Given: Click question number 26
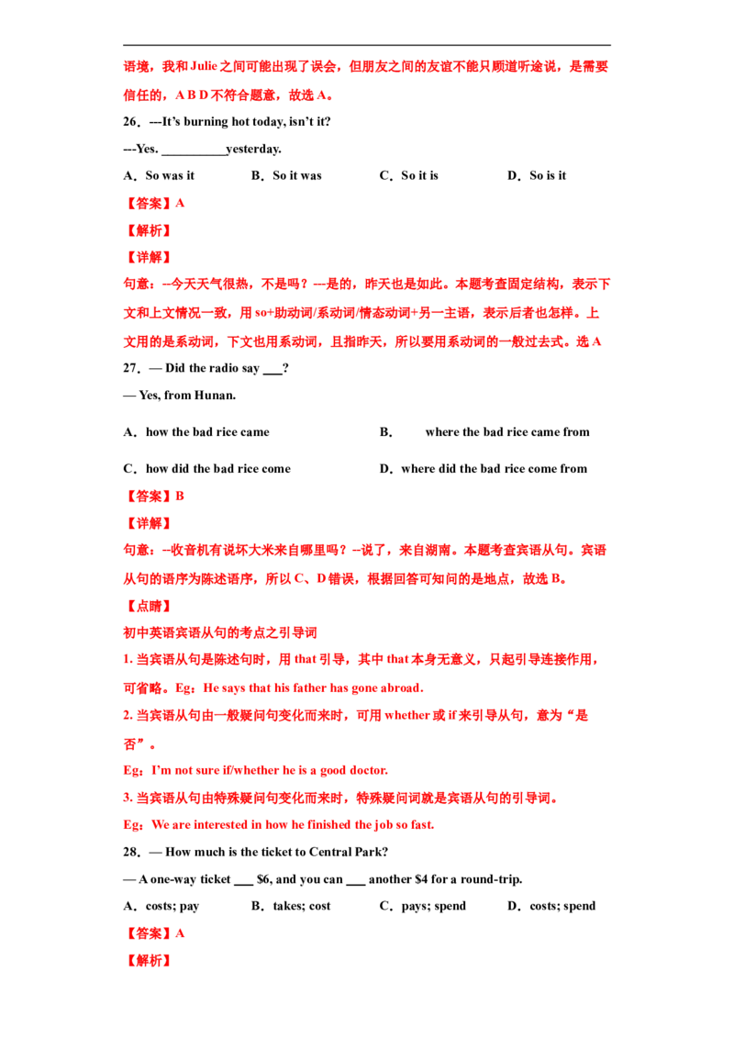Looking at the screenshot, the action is tap(131, 122).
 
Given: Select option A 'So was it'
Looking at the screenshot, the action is tap(170, 175).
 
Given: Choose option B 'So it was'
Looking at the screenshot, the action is tap(296, 175).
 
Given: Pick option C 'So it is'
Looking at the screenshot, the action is tap(419, 175).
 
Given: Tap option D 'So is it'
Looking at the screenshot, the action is tap(548, 175).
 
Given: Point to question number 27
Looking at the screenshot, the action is tap(131, 368).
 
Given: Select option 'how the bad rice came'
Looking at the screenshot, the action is tap(207, 432).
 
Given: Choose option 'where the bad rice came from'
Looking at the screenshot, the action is tap(507, 432).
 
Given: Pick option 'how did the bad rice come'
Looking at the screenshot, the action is tap(218, 469).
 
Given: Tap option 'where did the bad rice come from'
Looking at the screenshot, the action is tap(495, 469).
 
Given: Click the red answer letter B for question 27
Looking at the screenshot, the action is tap(180, 497).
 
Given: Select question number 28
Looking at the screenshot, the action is tap(131, 852).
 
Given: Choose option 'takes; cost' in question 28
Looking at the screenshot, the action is tap(302, 907).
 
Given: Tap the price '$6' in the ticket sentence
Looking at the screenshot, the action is tap(263, 879).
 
